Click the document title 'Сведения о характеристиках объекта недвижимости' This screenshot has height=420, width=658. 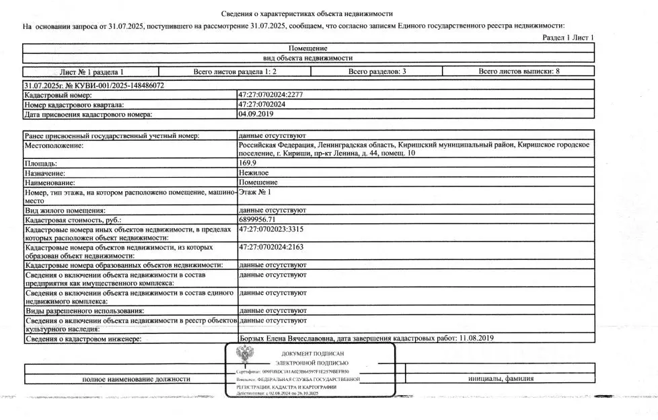tap(307, 14)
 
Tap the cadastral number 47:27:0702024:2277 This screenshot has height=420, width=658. tap(271, 96)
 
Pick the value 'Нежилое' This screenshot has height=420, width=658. tap(254, 173)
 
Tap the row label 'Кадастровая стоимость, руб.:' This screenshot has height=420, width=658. tap(74, 220)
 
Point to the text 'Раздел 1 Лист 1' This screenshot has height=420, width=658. tap(569, 38)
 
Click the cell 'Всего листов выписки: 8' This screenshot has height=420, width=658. tap(519, 71)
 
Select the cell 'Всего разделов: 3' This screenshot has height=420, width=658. tap(377, 71)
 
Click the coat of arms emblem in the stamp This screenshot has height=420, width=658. tap(244, 355)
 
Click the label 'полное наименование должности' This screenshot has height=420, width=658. tap(136, 379)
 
